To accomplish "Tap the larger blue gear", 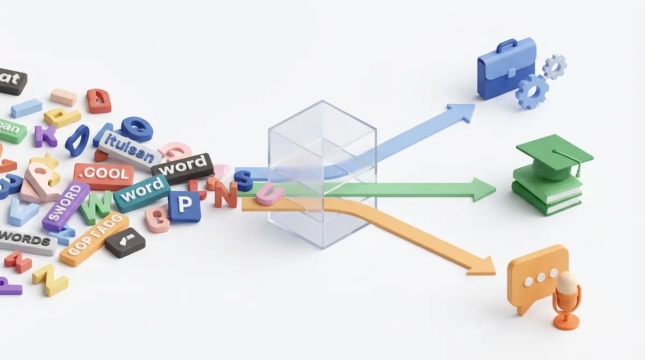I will point(532,92).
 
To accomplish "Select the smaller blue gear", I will point(554,67).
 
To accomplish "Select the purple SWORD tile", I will point(66,206).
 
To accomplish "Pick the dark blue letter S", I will point(245,181).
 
